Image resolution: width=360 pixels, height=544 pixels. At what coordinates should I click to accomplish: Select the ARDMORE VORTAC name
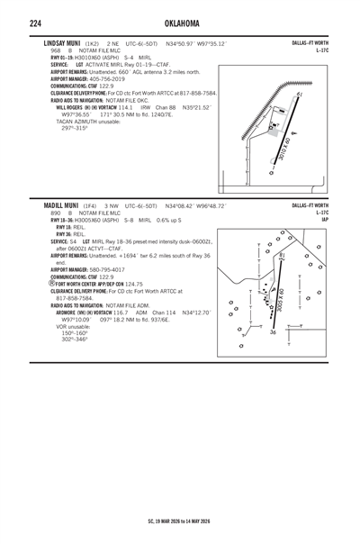[76, 312]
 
